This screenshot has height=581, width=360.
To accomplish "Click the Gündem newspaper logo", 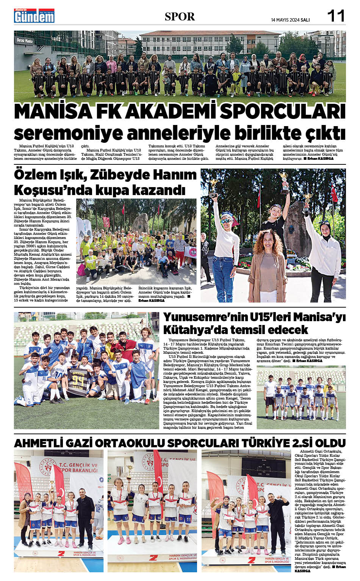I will (34, 16).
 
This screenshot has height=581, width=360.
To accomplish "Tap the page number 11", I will (336, 16).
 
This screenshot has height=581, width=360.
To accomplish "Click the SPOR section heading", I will (180, 17).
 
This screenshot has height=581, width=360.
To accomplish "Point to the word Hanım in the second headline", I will (177, 175).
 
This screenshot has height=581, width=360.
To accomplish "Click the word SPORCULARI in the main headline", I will (283, 111).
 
